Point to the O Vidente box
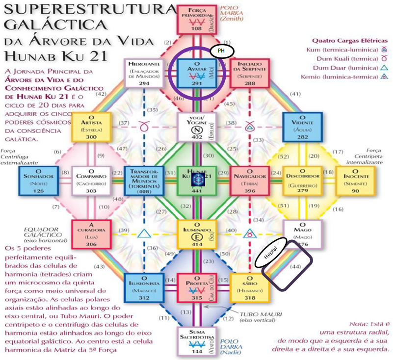[302, 127]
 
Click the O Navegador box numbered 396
[249, 180]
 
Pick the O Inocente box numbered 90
[355, 180]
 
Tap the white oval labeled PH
[221, 51]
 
